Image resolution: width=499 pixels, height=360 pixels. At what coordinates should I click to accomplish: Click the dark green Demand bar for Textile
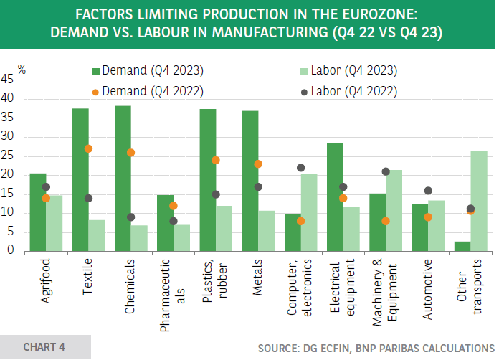(x=80, y=179)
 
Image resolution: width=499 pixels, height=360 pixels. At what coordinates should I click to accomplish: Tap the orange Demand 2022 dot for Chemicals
(x=131, y=153)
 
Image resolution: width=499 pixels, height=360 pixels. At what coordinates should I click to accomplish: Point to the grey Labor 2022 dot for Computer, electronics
(x=301, y=168)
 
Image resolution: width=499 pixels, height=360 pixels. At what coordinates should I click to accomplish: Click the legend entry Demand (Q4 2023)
(x=148, y=71)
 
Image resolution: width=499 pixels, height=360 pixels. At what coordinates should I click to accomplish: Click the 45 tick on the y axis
(x=8, y=80)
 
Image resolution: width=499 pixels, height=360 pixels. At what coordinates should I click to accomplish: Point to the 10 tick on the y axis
(x=8, y=212)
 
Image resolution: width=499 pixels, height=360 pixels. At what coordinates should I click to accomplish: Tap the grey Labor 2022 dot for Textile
(x=89, y=198)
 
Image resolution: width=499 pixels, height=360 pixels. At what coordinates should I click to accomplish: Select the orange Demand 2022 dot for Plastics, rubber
(x=216, y=161)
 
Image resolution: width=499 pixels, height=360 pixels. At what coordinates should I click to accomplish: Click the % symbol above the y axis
(x=22, y=70)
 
